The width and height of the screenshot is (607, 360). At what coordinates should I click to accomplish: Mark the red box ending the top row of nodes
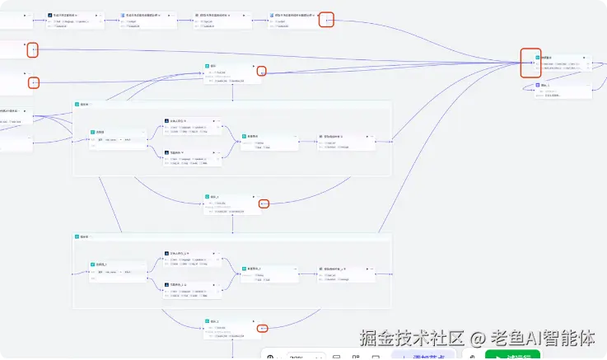pos(326,21)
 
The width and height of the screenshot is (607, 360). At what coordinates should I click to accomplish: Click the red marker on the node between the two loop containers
pos(262,203)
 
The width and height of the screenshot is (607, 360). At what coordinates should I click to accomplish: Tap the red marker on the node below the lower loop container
pos(262,328)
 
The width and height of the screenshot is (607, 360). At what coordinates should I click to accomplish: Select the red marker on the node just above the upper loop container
pos(261,72)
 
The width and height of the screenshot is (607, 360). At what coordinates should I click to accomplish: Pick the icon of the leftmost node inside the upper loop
pos(94,132)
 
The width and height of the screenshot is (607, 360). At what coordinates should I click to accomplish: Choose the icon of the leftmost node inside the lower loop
pos(94,264)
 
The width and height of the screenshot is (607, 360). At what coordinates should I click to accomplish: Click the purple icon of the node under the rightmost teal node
pos(538,85)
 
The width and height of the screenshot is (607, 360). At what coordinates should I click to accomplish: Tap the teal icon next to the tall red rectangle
pos(538,58)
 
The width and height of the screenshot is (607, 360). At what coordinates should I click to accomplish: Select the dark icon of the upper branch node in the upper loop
pos(166,120)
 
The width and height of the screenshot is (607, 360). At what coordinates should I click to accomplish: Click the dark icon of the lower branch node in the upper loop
pos(166,152)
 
